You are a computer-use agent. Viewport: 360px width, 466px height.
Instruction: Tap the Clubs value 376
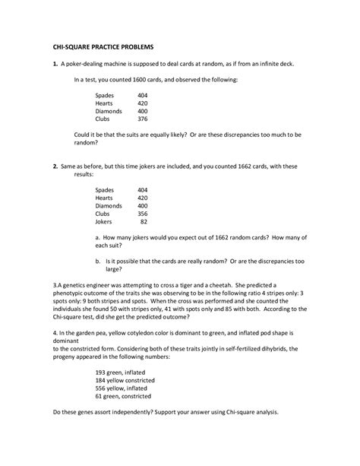(143, 119)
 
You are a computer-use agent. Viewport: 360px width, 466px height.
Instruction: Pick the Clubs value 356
(143, 214)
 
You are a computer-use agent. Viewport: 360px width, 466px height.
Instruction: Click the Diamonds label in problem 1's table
(110, 111)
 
